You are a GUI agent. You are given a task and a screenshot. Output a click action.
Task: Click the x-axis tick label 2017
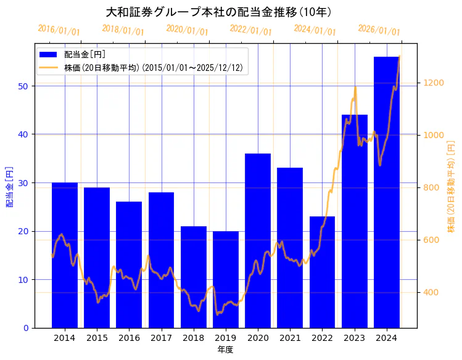[x=161, y=338]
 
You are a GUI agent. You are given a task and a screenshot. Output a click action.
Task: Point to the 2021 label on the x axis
[x=290, y=338]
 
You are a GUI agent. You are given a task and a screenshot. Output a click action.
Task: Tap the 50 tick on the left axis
[x=23, y=86]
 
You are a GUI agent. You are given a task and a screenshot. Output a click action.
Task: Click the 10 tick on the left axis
[x=23, y=280]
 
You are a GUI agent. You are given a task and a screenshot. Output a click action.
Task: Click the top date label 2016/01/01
[x=59, y=30]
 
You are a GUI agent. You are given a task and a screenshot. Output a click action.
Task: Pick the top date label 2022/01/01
[x=250, y=30]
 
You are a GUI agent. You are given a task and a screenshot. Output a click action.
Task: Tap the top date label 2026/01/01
[x=379, y=30]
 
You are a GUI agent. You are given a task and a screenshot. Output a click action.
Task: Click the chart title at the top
[x=219, y=12]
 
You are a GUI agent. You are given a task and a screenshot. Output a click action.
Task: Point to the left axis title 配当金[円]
[x=9, y=186]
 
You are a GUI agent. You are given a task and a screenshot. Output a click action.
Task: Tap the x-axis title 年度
[x=225, y=350]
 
